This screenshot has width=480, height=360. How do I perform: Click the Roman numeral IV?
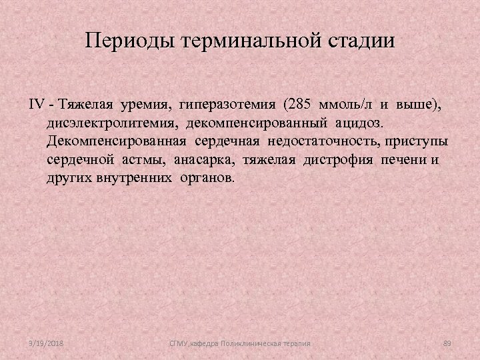[37, 105]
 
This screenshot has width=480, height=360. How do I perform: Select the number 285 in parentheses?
[299, 105]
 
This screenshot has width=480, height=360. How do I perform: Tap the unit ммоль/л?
[344, 105]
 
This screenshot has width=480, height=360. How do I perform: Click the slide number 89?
[447, 343]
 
